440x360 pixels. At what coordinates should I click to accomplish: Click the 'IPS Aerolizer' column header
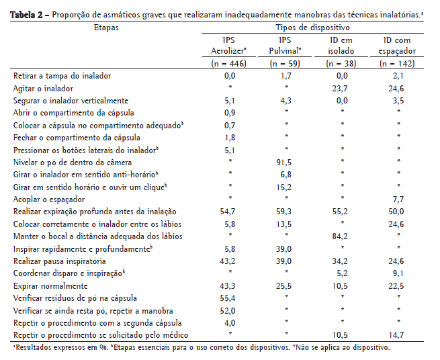click(x=228, y=46)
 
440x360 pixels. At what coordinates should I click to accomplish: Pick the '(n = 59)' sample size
click(x=285, y=64)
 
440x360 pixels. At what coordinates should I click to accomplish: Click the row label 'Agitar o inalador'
click(x=48, y=88)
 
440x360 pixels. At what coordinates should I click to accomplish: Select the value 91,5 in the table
click(x=285, y=162)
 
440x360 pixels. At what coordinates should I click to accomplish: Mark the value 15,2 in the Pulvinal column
click(x=285, y=187)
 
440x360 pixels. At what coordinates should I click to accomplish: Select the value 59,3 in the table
click(x=285, y=212)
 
